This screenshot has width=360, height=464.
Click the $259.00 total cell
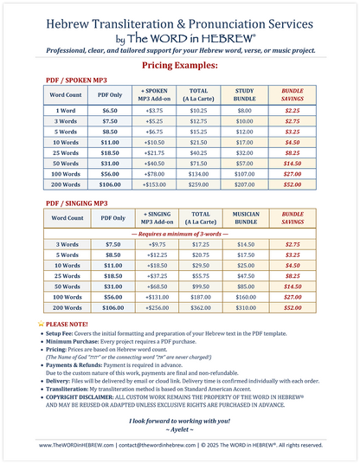coord(200,185)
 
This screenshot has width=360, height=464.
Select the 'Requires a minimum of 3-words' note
coord(179,234)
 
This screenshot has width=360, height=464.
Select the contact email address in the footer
coord(160,444)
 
